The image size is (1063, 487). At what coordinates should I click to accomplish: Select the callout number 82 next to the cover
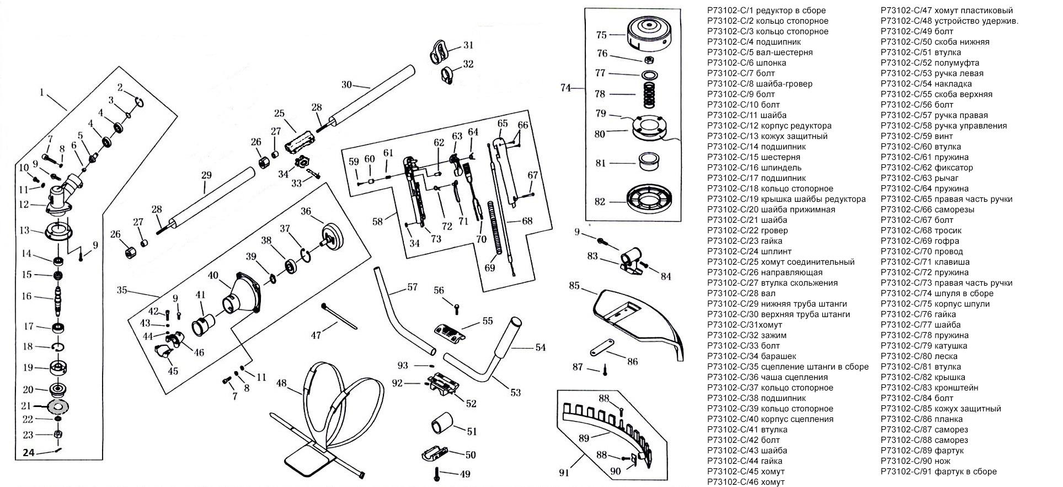(600, 202)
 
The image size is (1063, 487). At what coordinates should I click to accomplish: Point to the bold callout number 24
(29, 453)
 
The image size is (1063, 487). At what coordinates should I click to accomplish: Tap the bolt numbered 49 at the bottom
(437, 473)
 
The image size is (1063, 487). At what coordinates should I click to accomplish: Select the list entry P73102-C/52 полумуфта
(930, 63)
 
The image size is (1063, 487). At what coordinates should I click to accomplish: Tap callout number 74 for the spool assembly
(565, 87)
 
